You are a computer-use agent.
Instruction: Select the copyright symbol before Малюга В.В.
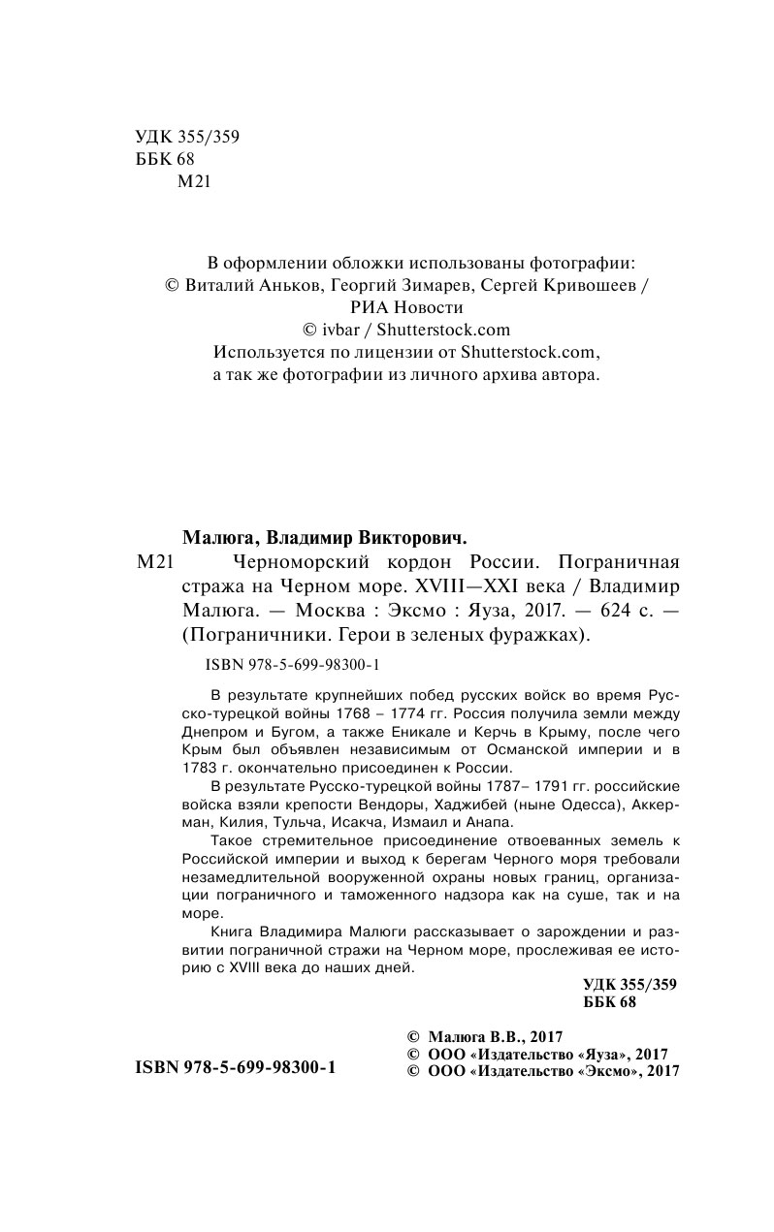[x=411, y=1034]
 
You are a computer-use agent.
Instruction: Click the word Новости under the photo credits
[x=427, y=307]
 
